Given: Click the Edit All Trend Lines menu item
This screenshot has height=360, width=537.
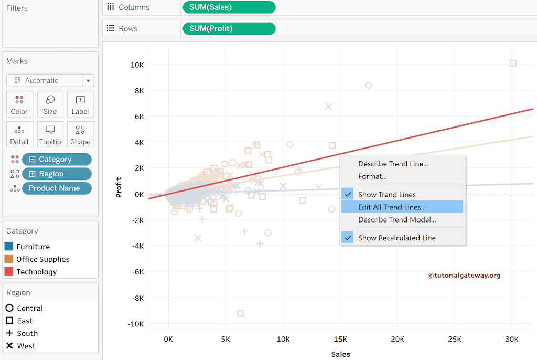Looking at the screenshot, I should (392, 207).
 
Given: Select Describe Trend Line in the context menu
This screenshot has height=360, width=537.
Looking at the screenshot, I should (393, 164).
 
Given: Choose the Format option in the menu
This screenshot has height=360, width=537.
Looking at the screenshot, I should (372, 176).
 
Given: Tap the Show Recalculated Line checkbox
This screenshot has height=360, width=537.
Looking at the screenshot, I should (348, 238).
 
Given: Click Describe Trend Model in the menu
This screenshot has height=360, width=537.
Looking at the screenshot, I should (396, 220).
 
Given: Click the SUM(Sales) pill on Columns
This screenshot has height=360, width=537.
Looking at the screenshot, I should (229, 7).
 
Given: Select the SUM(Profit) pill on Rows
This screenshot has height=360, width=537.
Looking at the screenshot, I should (229, 28).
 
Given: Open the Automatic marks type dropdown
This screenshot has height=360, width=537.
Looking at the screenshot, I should (50, 80).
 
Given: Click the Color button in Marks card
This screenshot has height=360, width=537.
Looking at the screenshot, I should (19, 104).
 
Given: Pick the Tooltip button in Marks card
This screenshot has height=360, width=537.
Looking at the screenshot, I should (50, 134).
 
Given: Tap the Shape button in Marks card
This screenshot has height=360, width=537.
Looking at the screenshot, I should (80, 134).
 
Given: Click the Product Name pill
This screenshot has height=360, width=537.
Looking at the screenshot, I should (57, 188).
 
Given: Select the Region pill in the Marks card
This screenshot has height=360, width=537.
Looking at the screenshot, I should (57, 174).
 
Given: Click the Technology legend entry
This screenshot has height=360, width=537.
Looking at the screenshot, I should (36, 272).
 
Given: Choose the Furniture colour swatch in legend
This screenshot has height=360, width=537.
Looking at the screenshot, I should (8, 247).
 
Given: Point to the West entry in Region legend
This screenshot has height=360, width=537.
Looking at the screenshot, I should (26, 346).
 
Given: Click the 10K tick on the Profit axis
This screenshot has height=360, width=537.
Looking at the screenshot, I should (137, 65).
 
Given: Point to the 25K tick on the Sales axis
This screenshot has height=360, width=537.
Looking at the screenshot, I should (455, 339).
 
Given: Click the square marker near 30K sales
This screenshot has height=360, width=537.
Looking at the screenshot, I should (513, 63).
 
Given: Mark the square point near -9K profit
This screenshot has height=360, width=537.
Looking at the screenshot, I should (240, 313).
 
